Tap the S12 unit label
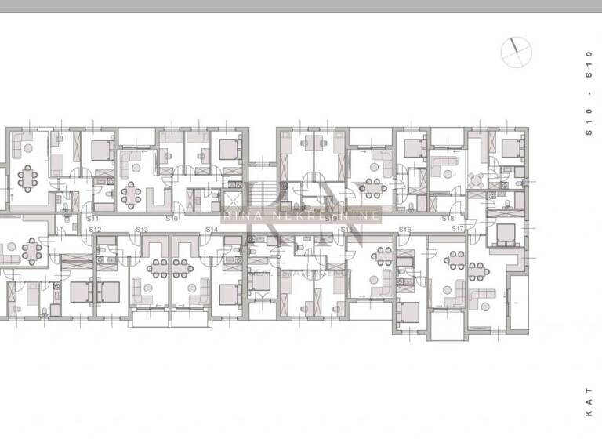pyautogui.click(x=94, y=230)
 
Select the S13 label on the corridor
pyautogui.click(x=142, y=230)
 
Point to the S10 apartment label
pyautogui.click(x=172, y=218)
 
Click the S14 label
pyautogui.click(x=212, y=230)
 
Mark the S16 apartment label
pyautogui.click(x=405, y=230)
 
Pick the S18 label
pyautogui.click(x=448, y=219)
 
